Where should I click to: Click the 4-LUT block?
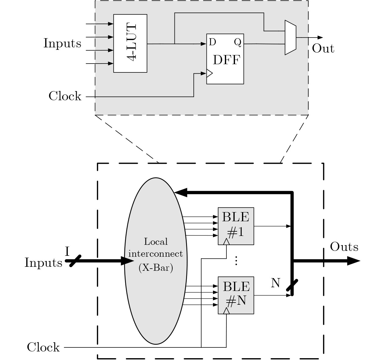tap(130, 43)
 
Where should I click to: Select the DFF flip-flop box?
tap(225, 59)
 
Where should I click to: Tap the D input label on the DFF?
tap(212, 42)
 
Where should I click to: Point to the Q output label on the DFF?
tap(238, 42)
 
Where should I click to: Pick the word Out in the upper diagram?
tap(323, 49)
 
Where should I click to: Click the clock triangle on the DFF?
tap(209, 73)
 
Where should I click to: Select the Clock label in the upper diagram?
tap(65, 96)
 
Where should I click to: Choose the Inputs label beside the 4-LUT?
tap(62, 43)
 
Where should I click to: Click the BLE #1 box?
tap(236, 226)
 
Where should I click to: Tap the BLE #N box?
tap(236, 295)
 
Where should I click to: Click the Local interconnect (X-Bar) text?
tap(156, 254)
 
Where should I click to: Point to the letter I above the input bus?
tap(68, 252)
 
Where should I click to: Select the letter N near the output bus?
tap(276, 283)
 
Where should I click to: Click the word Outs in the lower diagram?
tap(344, 247)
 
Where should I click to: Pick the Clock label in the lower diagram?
tap(43, 347)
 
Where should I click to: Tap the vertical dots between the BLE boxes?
tap(236, 261)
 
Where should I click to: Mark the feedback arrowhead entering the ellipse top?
tap(180, 193)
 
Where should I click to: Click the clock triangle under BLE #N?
tap(226, 311)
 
